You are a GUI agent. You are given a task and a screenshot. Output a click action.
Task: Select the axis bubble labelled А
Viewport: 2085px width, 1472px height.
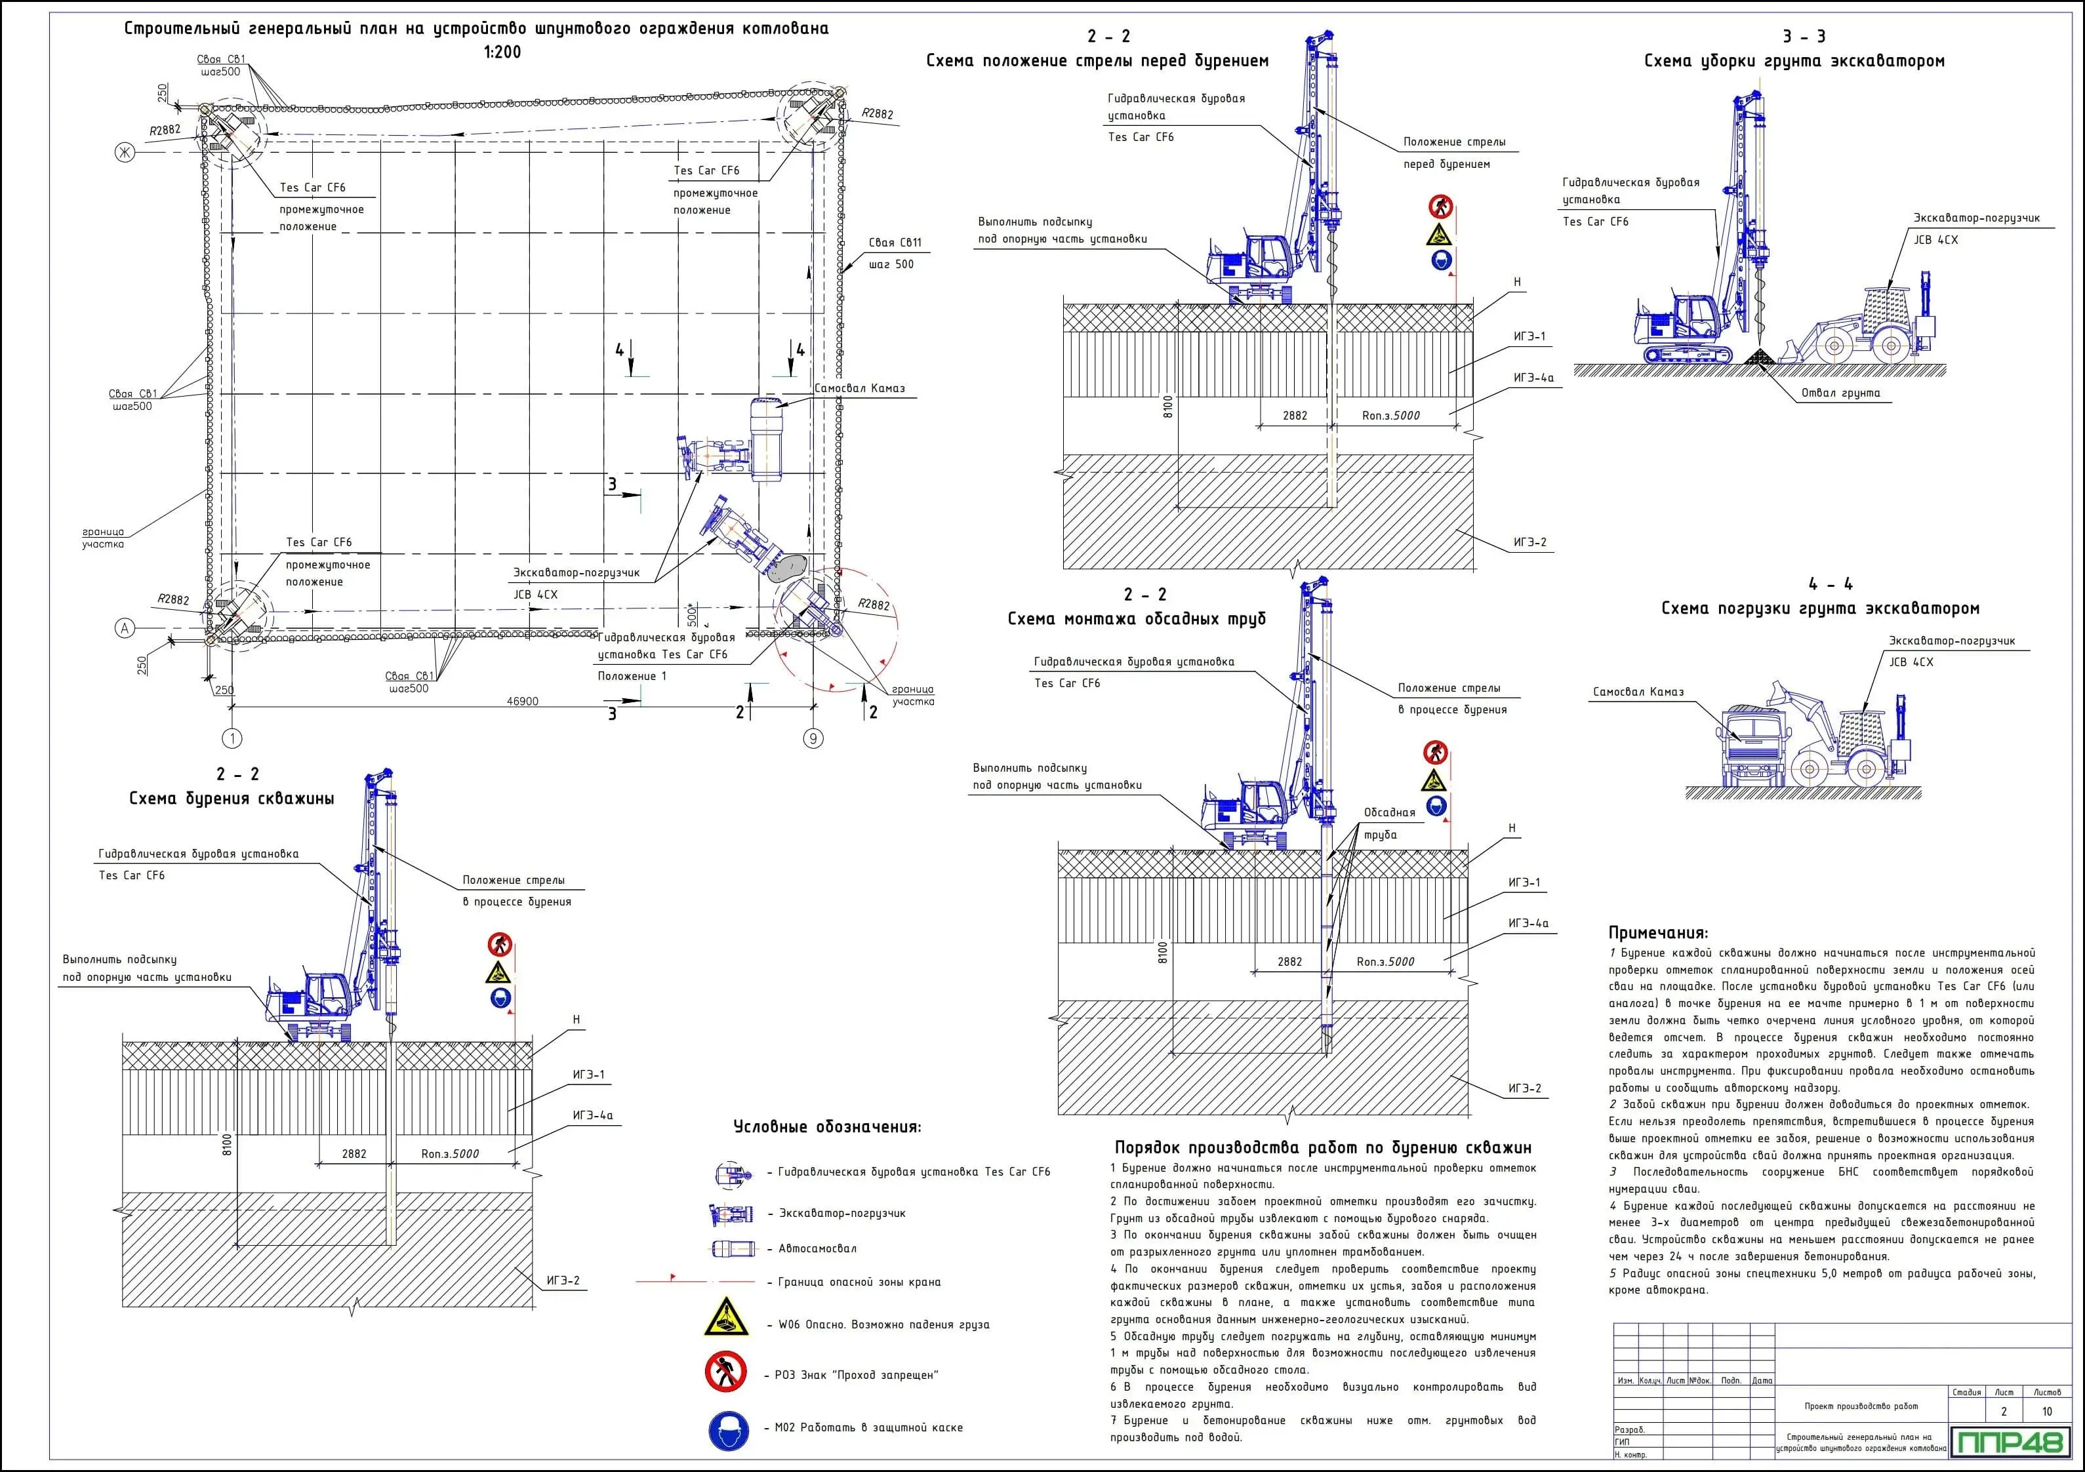[125, 627]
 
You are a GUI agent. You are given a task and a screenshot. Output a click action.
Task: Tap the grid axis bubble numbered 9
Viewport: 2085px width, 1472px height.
[813, 738]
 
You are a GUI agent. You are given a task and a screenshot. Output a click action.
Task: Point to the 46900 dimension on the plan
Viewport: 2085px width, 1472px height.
[522, 701]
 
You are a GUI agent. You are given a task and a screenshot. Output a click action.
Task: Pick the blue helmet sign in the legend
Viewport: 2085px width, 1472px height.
[728, 1431]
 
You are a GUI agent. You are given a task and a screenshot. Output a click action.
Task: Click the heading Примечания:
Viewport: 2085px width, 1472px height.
[1658, 932]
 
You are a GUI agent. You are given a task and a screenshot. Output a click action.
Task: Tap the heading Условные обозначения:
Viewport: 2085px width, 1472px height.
[826, 1127]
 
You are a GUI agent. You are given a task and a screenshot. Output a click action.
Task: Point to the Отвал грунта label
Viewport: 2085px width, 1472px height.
[1840, 393]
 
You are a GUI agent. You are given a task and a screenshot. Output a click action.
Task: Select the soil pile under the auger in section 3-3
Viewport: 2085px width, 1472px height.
[1760, 358]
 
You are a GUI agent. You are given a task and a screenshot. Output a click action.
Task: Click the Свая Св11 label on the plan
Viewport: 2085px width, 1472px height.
[895, 243]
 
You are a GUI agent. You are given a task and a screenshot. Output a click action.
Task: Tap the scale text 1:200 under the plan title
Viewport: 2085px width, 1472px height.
[502, 52]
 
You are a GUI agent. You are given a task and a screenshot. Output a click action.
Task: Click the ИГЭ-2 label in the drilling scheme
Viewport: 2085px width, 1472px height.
[563, 1281]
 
